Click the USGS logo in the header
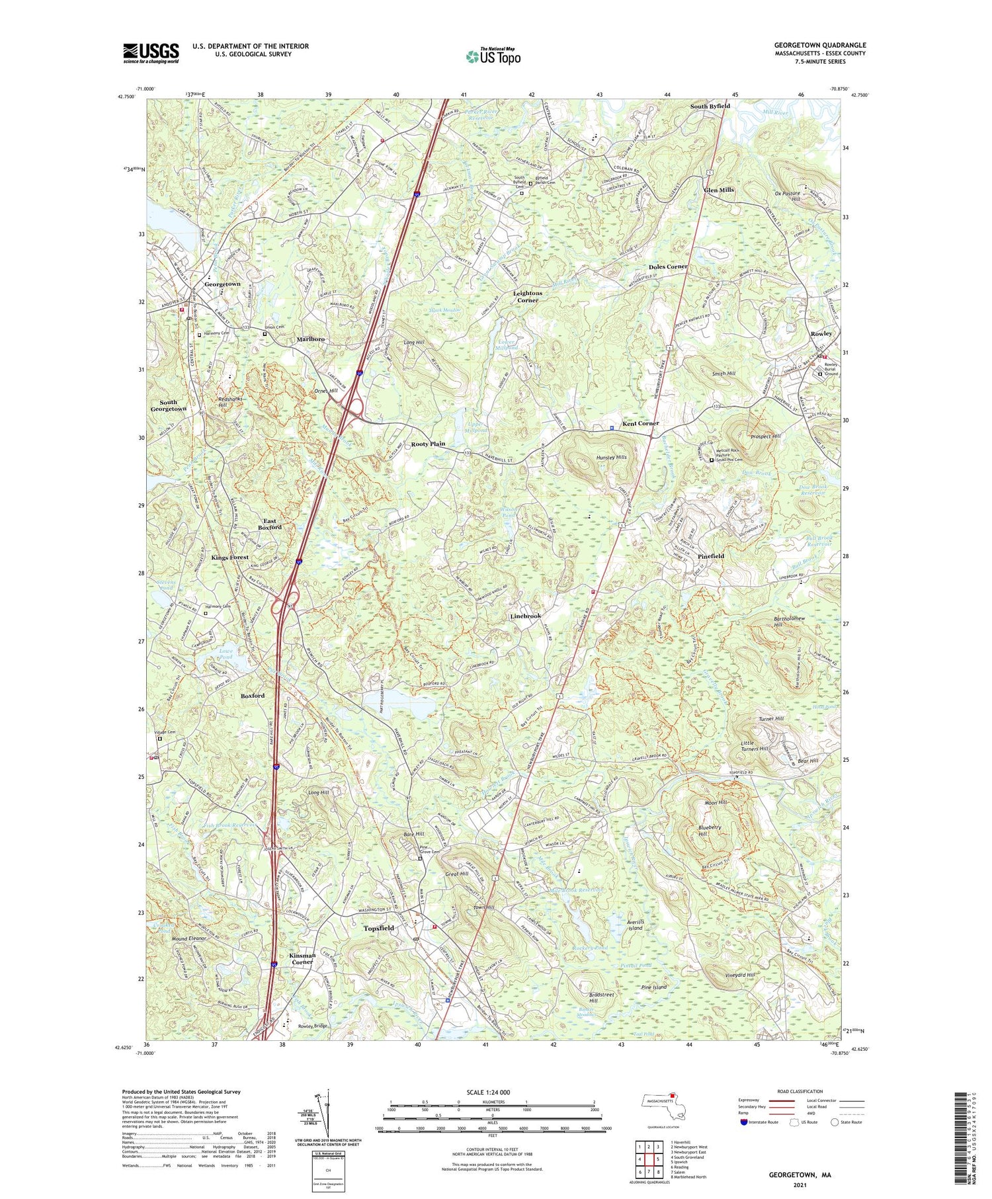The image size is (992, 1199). (x=151, y=53)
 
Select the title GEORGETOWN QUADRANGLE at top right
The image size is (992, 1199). (x=819, y=45)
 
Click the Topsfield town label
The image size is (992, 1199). (x=379, y=928)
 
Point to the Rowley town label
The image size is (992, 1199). (x=821, y=333)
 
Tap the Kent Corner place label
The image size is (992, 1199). (x=640, y=423)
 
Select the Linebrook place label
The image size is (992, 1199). (x=526, y=616)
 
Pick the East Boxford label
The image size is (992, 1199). (x=269, y=523)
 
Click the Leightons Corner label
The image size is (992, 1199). (x=527, y=296)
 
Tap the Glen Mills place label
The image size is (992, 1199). (x=719, y=190)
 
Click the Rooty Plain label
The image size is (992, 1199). (x=428, y=444)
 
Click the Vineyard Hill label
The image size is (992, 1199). (x=740, y=975)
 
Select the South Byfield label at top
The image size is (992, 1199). (x=710, y=106)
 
